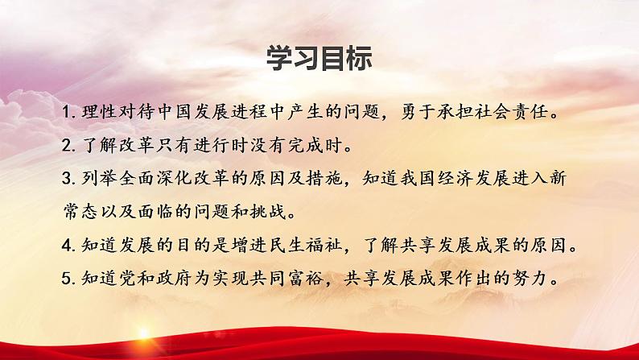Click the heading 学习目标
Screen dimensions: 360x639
(319, 59)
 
